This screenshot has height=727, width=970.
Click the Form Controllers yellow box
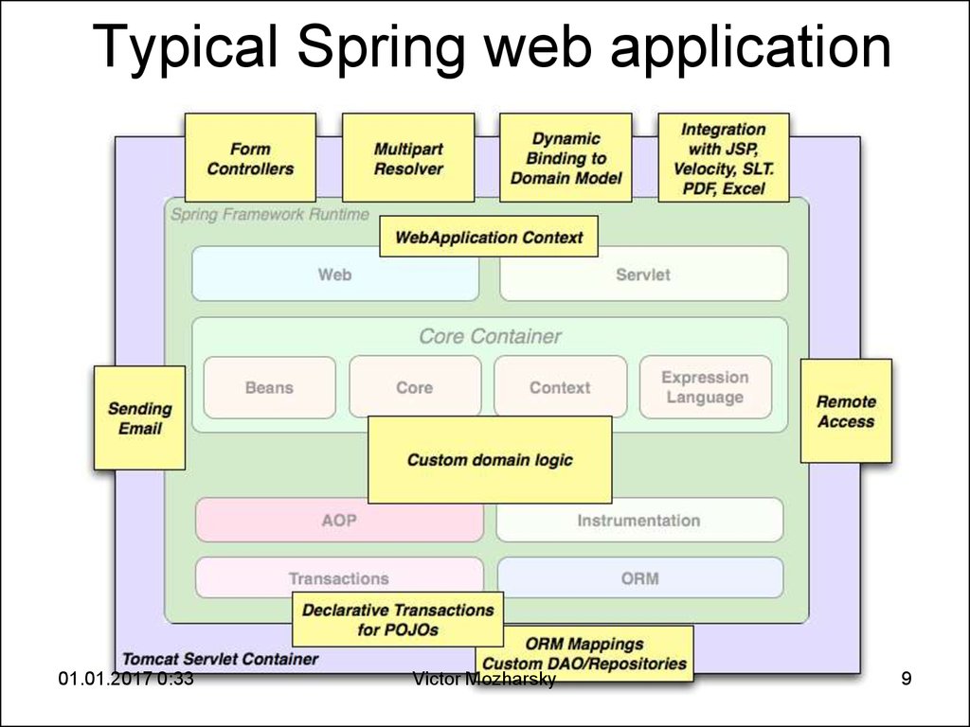(250, 158)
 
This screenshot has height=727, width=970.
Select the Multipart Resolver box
(408, 158)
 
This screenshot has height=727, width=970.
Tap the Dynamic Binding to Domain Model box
(566, 158)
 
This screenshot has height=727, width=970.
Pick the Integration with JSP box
(724, 158)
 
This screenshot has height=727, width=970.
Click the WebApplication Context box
(489, 237)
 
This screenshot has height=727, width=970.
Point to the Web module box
(335, 275)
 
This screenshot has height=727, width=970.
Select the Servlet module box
(643, 275)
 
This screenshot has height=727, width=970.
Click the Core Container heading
(490, 336)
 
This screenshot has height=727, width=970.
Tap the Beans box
(269, 387)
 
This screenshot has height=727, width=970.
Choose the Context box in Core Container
(560, 387)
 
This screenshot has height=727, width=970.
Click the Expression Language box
(705, 387)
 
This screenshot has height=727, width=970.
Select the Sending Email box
(139, 418)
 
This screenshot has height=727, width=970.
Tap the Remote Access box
(846, 411)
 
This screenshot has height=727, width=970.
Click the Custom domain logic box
(490, 460)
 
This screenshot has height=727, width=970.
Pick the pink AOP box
(339, 521)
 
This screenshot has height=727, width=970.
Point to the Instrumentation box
(639, 521)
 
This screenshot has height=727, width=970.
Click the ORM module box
(639, 577)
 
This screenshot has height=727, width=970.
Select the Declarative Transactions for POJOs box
(398, 620)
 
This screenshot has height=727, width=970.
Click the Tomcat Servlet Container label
(220, 659)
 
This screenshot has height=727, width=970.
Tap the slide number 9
(907, 678)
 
